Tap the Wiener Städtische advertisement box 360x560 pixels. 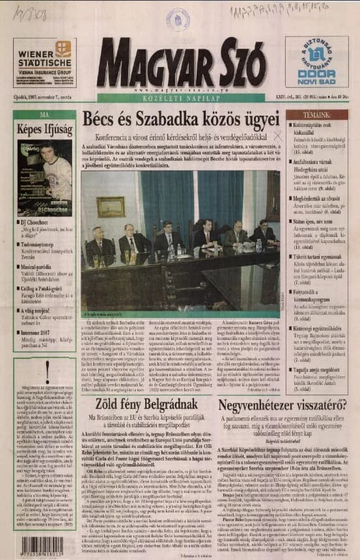pyautogui.click(x=44, y=63)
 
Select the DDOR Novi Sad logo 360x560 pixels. pyautogui.click(x=316, y=63)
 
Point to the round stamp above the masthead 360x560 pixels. pyautogui.click(x=178, y=19)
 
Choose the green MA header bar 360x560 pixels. pyautogui.click(x=44, y=115)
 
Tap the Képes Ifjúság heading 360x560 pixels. pyautogui.click(x=44, y=129)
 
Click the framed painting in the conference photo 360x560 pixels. pyautogui.click(x=111, y=206)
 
